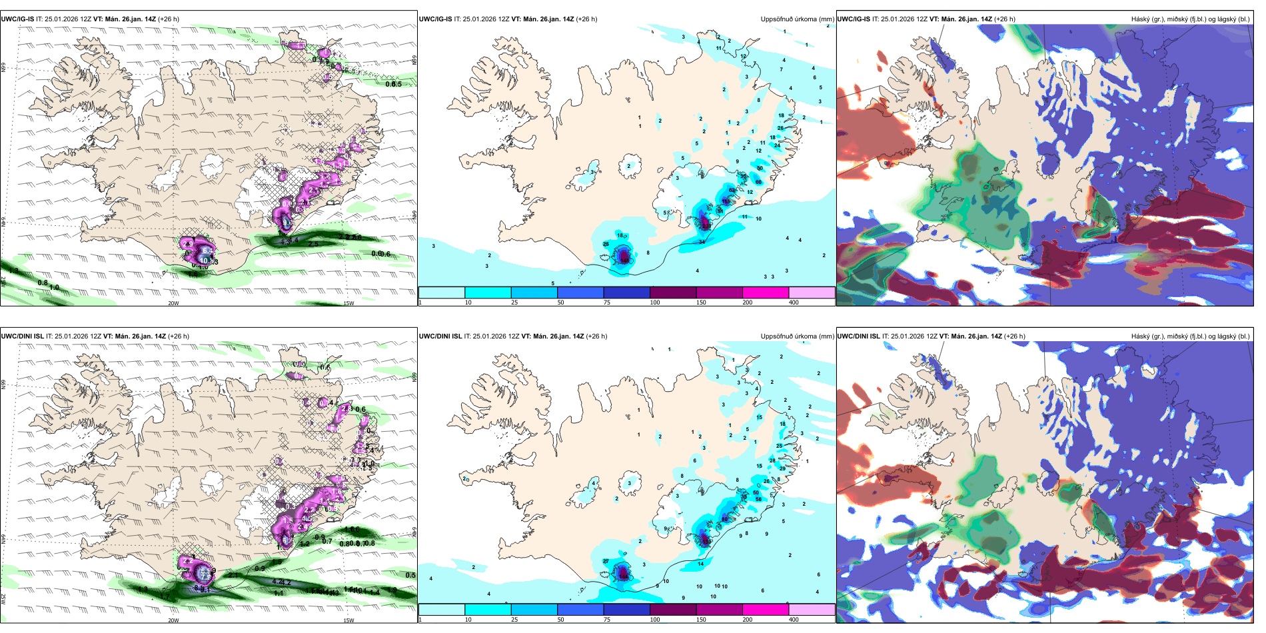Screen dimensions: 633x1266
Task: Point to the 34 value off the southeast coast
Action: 702,242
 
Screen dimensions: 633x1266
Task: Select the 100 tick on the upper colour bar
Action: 655,303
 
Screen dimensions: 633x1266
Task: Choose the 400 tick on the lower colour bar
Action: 794,620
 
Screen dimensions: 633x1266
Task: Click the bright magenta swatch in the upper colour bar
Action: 766,293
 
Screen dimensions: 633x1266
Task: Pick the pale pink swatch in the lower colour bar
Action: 812,610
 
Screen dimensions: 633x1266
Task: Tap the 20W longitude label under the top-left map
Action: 173,303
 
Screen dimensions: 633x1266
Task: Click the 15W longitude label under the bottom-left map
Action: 348,620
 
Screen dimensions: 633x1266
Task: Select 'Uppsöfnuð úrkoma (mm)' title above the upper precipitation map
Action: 797,19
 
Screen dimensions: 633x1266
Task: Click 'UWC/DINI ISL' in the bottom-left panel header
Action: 22,336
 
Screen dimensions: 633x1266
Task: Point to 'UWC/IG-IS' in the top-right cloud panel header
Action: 854,19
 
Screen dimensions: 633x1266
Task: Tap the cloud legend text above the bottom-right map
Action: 1190,336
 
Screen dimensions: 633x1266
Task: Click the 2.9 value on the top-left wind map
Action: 188,245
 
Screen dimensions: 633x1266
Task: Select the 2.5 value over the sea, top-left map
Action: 314,244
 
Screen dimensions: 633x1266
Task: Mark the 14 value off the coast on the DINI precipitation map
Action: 701,564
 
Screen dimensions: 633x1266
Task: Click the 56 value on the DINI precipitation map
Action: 758,498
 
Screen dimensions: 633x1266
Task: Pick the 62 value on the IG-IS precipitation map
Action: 732,191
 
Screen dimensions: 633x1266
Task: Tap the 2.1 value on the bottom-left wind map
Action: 233,574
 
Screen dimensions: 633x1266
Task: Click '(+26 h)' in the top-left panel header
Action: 168,19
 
